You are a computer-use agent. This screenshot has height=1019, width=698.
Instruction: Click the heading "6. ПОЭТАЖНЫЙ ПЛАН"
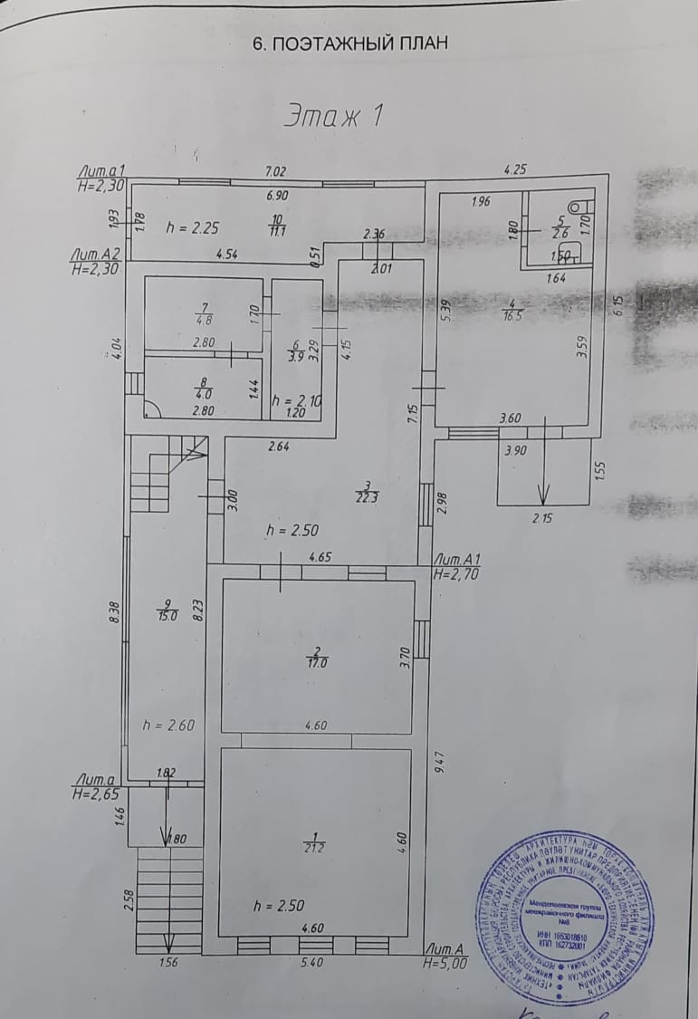[x=349, y=43]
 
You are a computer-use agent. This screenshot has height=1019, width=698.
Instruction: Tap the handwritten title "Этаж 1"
[x=335, y=116]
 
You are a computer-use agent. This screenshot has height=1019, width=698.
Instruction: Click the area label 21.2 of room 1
[x=315, y=848]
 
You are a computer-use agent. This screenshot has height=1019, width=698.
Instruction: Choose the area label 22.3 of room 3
[x=364, y=494]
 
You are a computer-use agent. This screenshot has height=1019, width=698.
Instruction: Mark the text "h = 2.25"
[x=192, y=228]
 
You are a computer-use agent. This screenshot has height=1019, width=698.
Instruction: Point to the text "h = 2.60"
[x=169, y=724]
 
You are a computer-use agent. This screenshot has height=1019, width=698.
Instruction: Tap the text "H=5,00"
[x=445, y=965]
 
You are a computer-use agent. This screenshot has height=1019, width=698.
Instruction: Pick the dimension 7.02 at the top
[x=275, y=170]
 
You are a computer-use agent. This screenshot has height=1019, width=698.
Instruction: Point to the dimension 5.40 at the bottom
[x=311, y=963]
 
